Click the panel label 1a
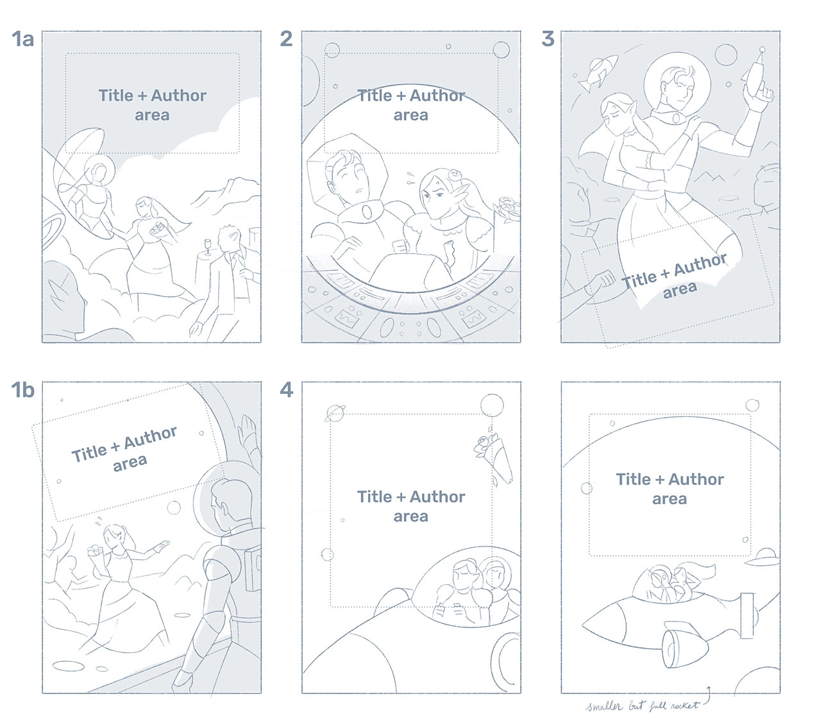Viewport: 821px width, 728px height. click(x=22, y=39)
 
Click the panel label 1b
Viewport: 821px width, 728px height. click(x=22, y=391)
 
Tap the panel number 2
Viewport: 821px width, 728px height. click(x=286, y=39)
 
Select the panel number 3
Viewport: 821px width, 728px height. click(x=548, y=39)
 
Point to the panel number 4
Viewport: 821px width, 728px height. click(x=287, y=391)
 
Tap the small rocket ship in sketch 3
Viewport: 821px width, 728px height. click(x=598, y=73)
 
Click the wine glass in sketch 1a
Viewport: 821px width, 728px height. click(x=208, y=246)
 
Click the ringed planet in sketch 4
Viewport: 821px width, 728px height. click(x=335, y=413)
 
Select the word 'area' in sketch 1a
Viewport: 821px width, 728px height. click(x=152, y=115)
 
